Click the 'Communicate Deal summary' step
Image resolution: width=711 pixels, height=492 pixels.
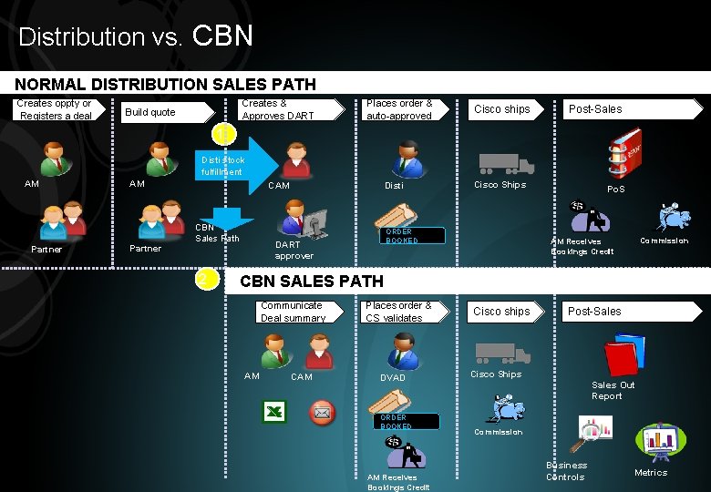click(x=293, y=312)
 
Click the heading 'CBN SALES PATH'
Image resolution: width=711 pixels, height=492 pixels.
click(x=311, y=282)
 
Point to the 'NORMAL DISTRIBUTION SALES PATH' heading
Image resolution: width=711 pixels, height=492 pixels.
click(x=165, y=85)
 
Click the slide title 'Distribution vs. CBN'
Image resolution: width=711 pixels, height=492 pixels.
click(x=136, y=36)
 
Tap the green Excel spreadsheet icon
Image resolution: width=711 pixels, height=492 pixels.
click(x=274, y=412)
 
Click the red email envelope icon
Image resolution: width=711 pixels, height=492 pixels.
click(x=322, y=412)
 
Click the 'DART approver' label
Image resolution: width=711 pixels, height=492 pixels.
click(x=294, y=250)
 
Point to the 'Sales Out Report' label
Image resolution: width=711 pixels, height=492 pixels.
click(x=613, y=390)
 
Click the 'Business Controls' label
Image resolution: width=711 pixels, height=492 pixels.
click(x=566, y=471)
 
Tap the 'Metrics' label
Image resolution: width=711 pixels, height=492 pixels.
click(x=651, y=472)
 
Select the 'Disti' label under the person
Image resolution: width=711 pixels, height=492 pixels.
click(x=394, y=186)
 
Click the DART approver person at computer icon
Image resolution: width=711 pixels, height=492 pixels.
click(x=304, y=220)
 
